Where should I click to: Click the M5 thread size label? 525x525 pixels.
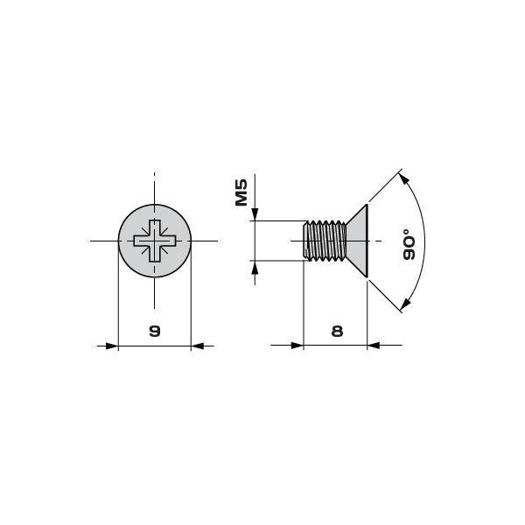(x=241, y=192)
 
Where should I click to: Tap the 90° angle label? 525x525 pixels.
(x=409, y=244)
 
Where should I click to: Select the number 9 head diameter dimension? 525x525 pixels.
(x=155, y=331)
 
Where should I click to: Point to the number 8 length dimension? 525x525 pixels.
(x=337, y=331)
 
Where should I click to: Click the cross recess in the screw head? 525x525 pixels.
(x=155, y=241)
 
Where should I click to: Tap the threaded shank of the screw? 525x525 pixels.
(x=325, y=241)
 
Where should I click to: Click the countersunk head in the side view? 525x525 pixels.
(x=357, y=241)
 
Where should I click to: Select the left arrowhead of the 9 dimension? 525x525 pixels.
(x=112, y=346)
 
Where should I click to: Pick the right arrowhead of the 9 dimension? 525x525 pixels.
(x=197, y=346)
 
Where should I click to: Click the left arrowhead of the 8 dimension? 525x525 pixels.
(x=297, y=346)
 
